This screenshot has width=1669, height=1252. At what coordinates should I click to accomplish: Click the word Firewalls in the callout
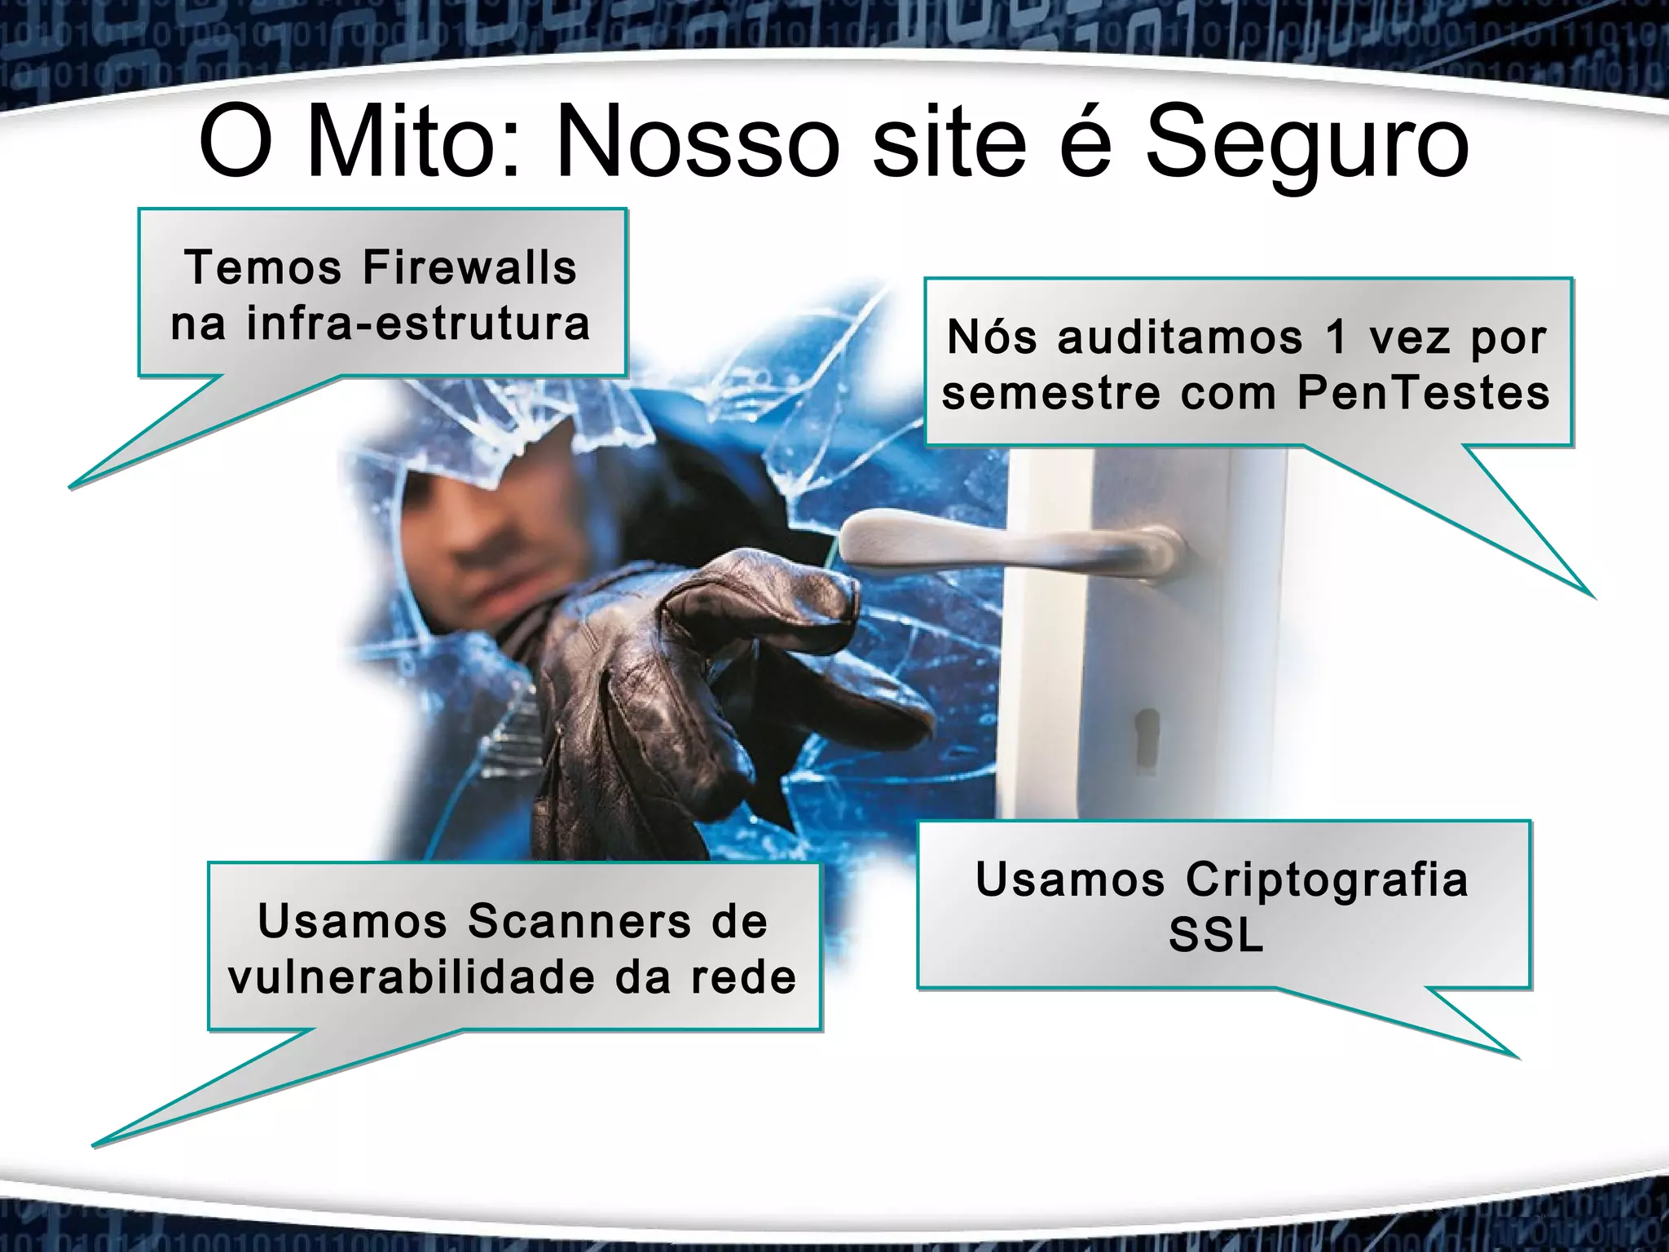(x=469, y=267)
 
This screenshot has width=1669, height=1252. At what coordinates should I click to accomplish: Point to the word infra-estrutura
(x=417, y=324)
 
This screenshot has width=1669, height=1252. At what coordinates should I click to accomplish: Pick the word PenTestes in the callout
(x=1423, y=393)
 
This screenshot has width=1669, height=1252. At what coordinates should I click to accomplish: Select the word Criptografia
(x=1326, y=880)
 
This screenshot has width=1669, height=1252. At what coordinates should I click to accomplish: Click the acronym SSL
(x=1216, y=937)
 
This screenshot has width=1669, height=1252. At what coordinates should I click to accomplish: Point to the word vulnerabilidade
(x=412, y=977)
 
